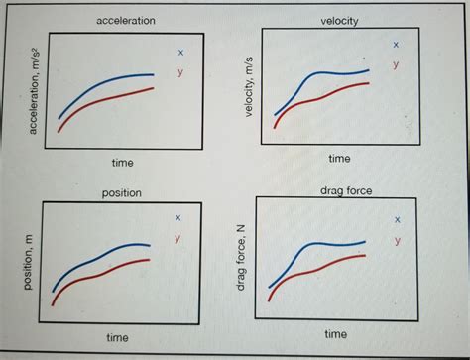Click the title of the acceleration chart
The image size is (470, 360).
(125, 21)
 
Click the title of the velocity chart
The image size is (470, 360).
(340, 21)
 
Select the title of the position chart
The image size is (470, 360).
(122, 192)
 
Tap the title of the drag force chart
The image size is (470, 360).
(346, 190)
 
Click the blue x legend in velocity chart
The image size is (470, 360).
(396, 45)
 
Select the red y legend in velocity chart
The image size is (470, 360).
(396, 65)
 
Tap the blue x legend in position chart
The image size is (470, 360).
(177, 217)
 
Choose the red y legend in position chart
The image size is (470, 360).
(177, 239)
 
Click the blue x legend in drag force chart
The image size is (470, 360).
(398, 219)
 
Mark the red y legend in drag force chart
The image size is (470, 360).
(398, 241)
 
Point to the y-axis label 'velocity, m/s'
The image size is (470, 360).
(249, 87)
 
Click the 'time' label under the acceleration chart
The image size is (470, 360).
(123, 162)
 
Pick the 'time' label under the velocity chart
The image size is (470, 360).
(339, 158)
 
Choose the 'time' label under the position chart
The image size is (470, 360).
(118, 338)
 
